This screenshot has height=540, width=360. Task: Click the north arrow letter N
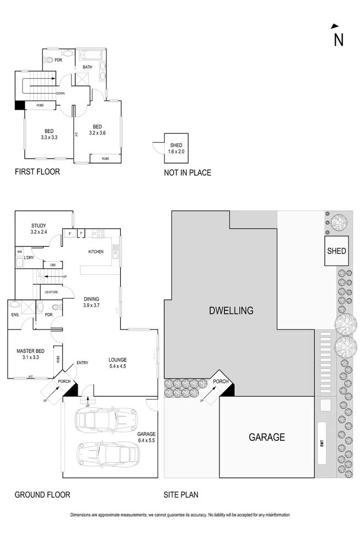[x=338, y=40]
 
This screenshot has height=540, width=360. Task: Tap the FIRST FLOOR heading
[x=37, y=172]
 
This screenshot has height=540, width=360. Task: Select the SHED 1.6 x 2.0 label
[x=176, y=148]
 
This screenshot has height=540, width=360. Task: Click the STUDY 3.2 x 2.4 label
[x=39, y=229]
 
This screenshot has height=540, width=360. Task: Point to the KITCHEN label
[x=96, y=252]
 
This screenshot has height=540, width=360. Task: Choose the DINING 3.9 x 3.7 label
[x=91, y=302]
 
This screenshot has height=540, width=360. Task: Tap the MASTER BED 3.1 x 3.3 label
[x=30, y=354]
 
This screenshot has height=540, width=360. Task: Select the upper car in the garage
[x=106, y=420]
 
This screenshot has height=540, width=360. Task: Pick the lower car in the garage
[x=109, y=455]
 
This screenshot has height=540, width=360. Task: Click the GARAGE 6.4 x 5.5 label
[x=146, y=437]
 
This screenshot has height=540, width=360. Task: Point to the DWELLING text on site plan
[x=231, y=311]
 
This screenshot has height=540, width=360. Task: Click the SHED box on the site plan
[x=336, y=251]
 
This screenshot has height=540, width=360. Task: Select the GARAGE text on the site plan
[x=266, y=437]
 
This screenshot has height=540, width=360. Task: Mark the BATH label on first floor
[x=88, y=67]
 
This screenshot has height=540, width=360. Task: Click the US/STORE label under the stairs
[x=51, y=291]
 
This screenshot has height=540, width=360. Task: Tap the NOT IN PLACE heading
[x=187, y=172]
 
